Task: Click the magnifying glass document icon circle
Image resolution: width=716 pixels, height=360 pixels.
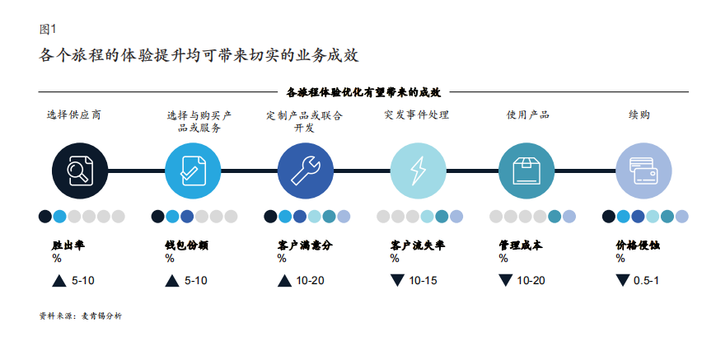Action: point(80,171)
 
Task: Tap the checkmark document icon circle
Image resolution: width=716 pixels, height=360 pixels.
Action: point(193,171)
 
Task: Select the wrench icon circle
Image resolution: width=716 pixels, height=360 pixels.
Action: point(306,171)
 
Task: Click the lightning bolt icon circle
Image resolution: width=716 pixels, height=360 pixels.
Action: point(419,171)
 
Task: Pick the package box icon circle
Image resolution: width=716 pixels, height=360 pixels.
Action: point(526,171)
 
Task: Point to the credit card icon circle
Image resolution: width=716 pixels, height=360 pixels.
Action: point(643,171)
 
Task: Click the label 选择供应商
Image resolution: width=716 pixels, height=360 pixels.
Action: point(74,115)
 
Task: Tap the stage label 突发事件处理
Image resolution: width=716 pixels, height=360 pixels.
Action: point(417,115)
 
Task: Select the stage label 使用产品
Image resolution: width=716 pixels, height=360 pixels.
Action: point(528,115)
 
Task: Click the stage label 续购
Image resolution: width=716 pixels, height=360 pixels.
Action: point(639,115)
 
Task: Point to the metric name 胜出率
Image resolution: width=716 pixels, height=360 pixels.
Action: point(68,245)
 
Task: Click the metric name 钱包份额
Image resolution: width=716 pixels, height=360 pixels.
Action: point(186,245)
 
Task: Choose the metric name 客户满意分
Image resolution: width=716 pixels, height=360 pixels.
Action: point(305,245)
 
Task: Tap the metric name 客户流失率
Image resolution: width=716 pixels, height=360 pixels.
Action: point(418,245)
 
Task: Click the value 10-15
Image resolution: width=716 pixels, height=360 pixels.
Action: point(423,281)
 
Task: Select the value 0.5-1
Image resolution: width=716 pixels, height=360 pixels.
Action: point(646,281)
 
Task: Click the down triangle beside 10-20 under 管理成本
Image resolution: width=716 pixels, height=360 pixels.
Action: point(506,280)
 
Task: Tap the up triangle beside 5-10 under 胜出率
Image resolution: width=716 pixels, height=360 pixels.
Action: point(58,281)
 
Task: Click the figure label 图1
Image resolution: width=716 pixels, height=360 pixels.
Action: point(48,30)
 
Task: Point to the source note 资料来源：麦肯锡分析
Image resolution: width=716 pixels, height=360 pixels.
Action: point(81,316)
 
